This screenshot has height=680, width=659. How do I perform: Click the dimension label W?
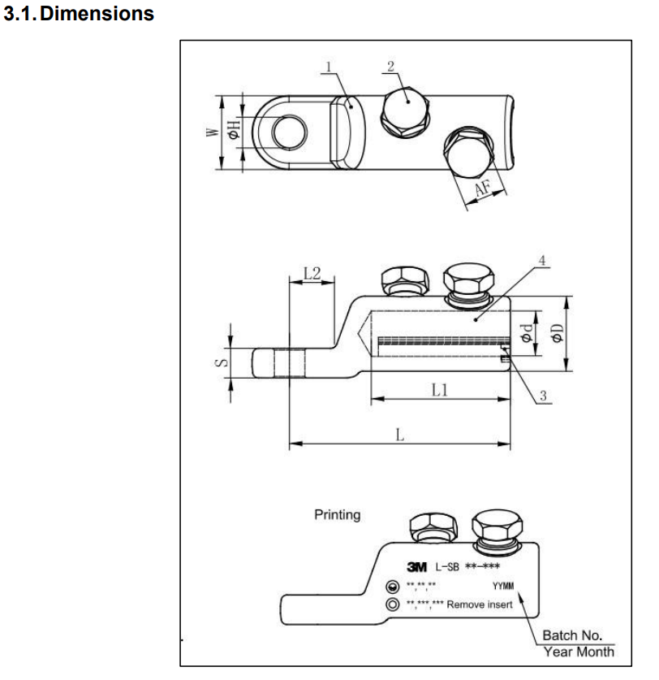[213, 131]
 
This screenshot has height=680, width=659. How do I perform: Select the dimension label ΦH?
[234, 131]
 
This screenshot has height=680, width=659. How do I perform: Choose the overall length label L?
[399, 435]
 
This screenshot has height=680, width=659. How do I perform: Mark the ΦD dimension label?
[558, 333]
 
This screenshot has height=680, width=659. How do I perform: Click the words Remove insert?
[479, 604]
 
